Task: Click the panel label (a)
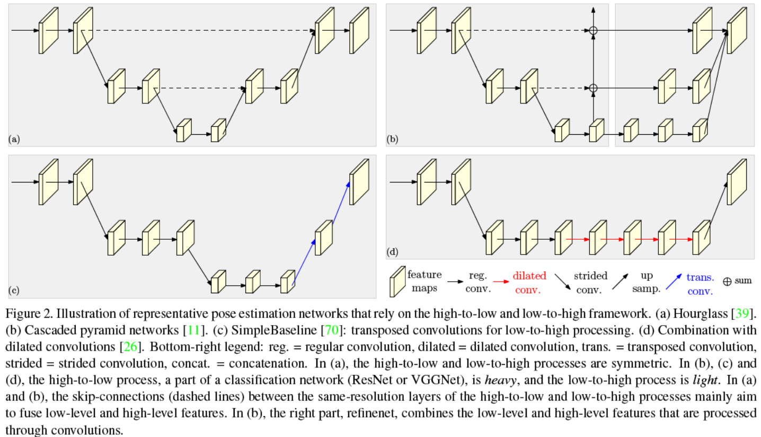tap(14, 139)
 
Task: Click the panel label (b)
tap(393, 139)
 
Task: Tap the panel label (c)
tap(14, 290)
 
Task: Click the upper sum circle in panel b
tap(594, 31)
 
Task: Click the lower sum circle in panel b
tap(594, 88)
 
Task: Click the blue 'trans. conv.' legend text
tap(700, 283)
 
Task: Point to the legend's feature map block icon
tap(396, 281)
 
